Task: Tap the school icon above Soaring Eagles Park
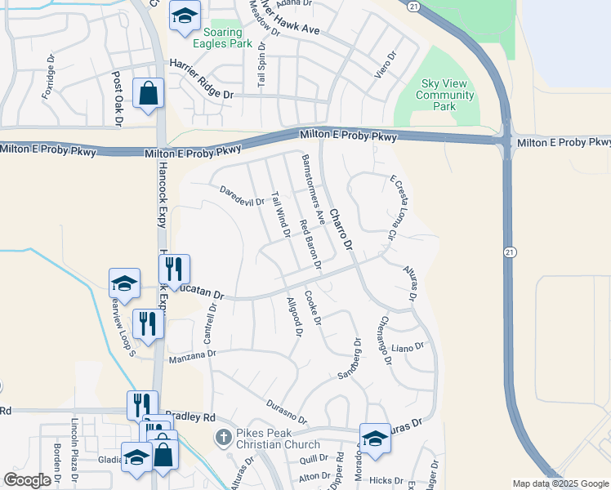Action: coord(185,16)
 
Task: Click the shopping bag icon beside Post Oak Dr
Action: coord(149,93)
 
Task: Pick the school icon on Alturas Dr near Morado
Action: coord(374,438)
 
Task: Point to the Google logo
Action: coord(27,480)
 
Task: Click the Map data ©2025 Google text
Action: coord(560,483)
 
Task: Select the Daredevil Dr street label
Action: coord(242,196)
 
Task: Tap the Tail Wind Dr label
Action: coord(280,215)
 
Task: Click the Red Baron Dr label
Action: coord(310,245)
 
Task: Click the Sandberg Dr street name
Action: coord(350,362)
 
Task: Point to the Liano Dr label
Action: coord(408,347)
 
